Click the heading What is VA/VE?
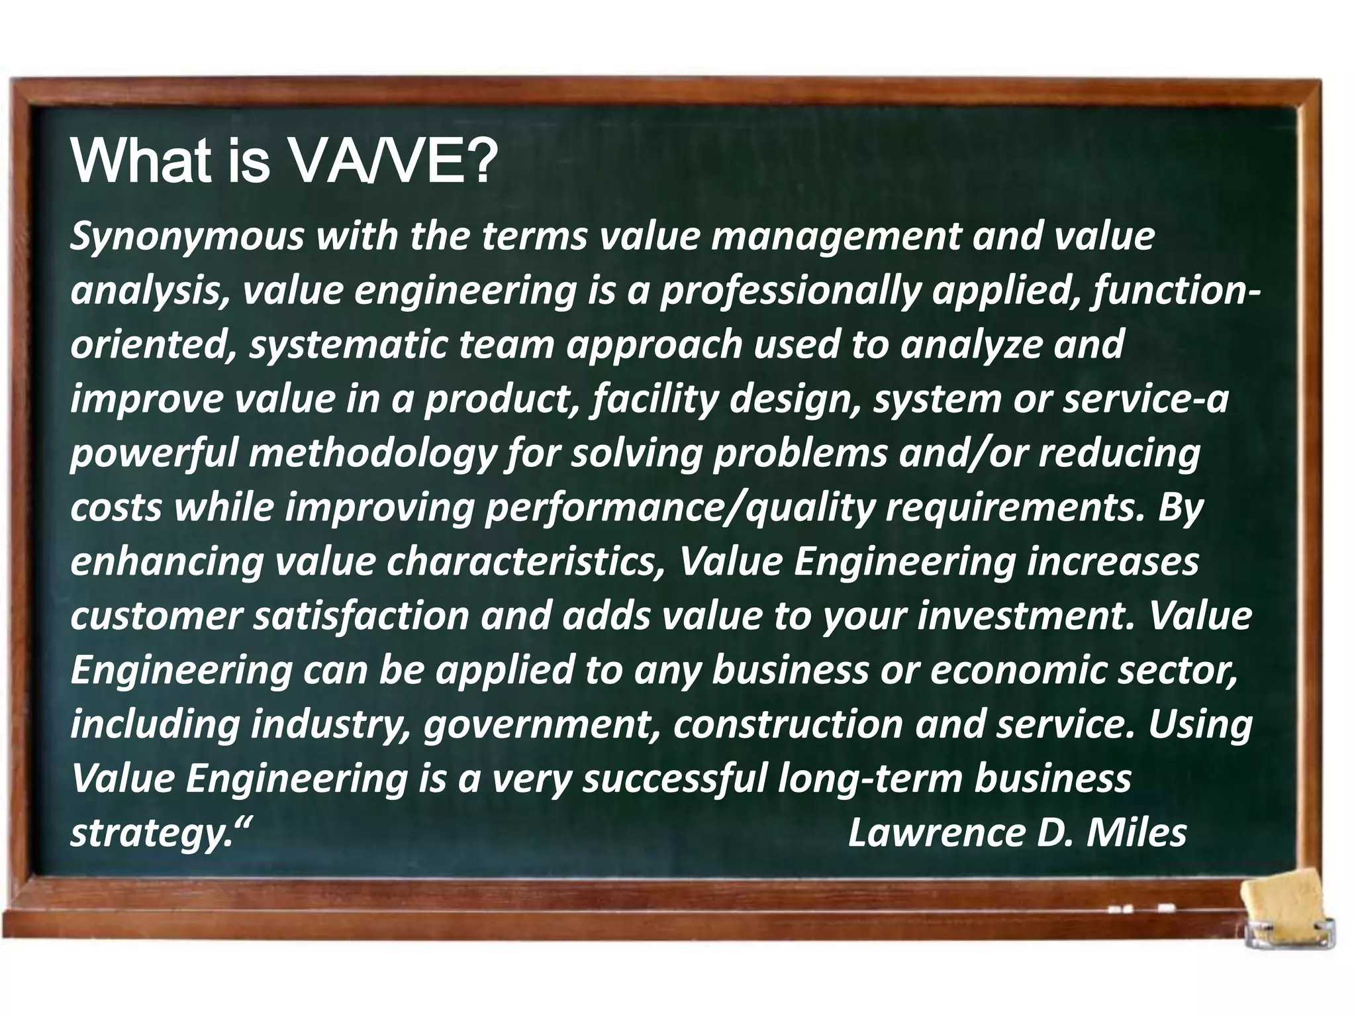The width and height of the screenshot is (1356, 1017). point(283,162)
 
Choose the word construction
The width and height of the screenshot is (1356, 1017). point(788,725)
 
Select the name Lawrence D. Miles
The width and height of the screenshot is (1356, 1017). point(1017,833)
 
